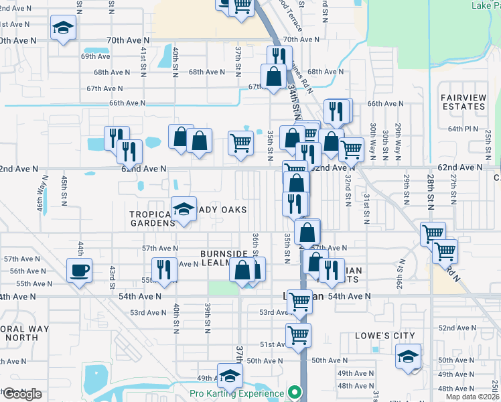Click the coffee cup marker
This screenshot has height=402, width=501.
80,271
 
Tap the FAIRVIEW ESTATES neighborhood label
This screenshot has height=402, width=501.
463,102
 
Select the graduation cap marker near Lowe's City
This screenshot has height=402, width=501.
408,357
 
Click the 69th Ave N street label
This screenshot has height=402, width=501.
96,57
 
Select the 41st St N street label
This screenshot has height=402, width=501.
143,61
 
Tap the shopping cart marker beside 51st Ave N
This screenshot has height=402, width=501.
298,334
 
